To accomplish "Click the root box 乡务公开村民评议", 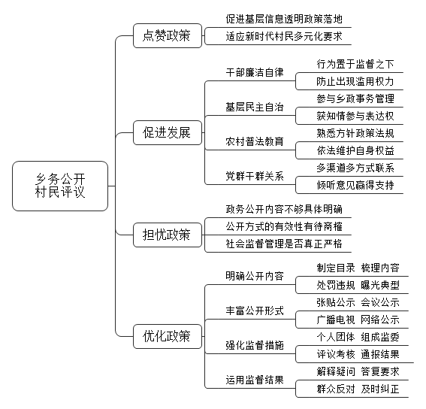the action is (60, 186).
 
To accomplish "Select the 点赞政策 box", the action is (168, 35).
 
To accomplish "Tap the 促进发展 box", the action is (168, 133).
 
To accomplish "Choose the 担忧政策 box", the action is (168, 235).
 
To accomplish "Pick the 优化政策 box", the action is (168, 336).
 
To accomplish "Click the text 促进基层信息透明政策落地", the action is (284, 19).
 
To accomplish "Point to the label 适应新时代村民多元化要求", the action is (284, 36).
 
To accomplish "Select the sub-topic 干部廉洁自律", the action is (255, 73).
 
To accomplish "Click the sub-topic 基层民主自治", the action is (255, 108).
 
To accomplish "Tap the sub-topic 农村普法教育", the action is (255, 141).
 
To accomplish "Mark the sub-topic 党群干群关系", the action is (255, 176).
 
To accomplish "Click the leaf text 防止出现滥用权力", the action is (355, 82).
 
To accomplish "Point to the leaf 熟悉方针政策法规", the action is (355, 133).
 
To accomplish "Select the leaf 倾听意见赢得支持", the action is (355, 185).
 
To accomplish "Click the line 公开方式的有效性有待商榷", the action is (284, 226).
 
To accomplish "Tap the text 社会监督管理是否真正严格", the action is (284, 244).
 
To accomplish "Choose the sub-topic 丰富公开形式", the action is (255, 311).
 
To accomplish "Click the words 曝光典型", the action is (380, 285).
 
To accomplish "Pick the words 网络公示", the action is (380, 320).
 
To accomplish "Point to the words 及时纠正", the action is (380, 389).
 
